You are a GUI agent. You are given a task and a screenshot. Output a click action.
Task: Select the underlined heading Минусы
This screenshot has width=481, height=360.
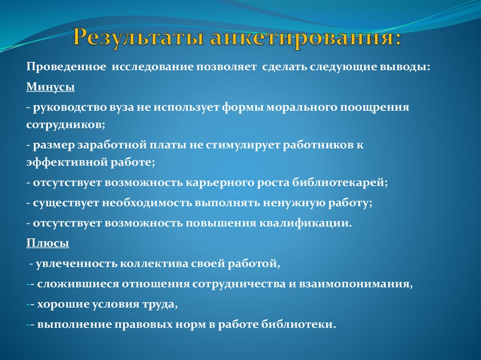click(50, 87)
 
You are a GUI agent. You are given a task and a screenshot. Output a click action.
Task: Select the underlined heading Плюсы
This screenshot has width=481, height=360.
click(47, 244)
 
